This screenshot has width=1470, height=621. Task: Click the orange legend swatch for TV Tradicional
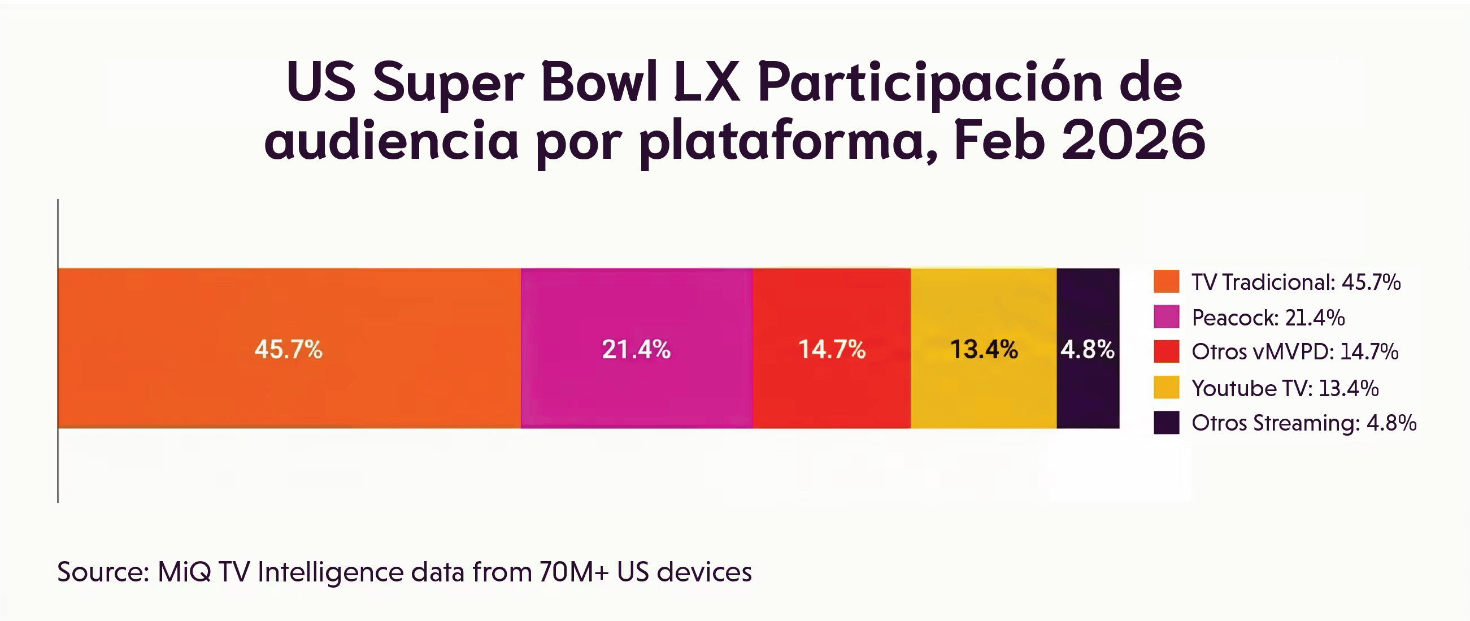tap(1166, 282)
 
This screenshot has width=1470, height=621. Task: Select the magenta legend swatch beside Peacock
tap(1166, 318)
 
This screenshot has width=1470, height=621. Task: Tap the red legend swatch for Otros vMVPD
tap(1166, 351)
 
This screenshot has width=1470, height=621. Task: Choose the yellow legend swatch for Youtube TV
tap(1166, 388)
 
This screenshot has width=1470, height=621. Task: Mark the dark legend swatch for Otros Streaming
tap(1166, 423)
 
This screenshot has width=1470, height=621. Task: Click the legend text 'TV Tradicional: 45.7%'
tap(1296, 282)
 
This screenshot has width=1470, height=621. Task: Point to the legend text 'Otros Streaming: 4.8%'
tap(1304, 423)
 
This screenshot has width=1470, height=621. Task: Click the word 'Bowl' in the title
tap(599, 82)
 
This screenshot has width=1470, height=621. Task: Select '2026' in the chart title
tap(1133, 140)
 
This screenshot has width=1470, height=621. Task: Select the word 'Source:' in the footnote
tap(103, 572)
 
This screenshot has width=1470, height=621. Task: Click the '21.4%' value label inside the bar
tap(636, 349)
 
